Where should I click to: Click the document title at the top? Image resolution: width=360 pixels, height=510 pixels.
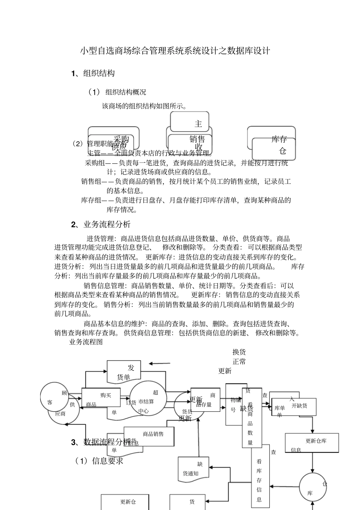(x=175, y=51)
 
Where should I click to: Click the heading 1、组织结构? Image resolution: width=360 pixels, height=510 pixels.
(x=93, y=74)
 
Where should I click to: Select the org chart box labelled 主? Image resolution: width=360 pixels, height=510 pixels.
(x=190, y=122)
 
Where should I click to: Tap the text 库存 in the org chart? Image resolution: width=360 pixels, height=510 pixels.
(x=279, y=139)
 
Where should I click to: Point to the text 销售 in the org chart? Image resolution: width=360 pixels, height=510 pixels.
(x=197, y=139)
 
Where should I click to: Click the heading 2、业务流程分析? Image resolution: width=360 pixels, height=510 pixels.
(x=101, y=224)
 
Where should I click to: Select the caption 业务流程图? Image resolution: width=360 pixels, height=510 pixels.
(x=86, y=342)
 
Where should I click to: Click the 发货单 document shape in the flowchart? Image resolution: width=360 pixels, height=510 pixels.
(x=124, y=372)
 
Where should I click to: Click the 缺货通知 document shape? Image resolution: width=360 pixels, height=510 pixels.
(x=193, y=469)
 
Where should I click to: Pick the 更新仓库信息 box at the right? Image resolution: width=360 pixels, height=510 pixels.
(x=311, y=443)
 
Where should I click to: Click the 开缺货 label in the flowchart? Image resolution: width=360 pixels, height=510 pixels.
(x=299, y=406)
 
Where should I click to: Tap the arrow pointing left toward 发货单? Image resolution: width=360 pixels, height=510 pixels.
(x=160, y=364)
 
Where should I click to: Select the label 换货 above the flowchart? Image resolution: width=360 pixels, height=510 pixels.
(x=239, y=352)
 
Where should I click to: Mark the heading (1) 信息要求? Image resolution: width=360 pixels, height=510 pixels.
(x=99, y=461)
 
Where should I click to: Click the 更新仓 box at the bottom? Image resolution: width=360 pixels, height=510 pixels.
(x=125, y=502)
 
